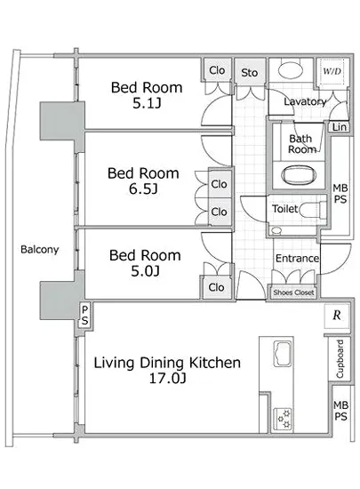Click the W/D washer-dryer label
pos(332,71)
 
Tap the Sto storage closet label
pos(250,73)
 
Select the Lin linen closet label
pos(340,127)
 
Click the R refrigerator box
pos(337,316)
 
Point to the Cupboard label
pos(340,359)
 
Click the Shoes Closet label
pos(293,293)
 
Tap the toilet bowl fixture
pos(312,210)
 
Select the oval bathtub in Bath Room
pos(299,174)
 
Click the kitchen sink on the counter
pos(283,354)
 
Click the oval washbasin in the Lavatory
pos(291,70)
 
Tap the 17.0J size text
pos(168,378)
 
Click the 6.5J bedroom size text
pos(143,188)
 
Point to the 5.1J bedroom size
pos(147,103)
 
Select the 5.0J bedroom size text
pos(145,270)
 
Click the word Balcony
pos(40,250)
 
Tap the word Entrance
pos(297,258)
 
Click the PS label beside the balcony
pos(84,315)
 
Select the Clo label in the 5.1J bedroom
pos(217,70)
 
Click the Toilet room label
pos(284,208)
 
